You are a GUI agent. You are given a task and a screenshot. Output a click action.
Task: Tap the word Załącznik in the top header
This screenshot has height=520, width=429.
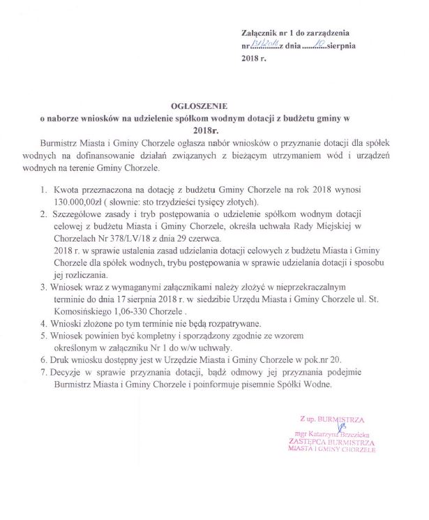(260, 33)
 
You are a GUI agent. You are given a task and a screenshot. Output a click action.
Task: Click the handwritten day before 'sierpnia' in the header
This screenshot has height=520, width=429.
(317, 45)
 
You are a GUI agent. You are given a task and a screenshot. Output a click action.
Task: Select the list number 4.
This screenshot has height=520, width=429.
(44, 324)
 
